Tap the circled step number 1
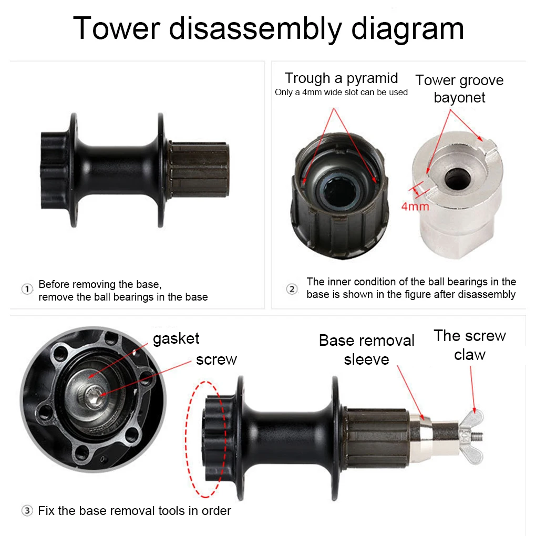[27, 290]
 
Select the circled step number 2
[292, 288]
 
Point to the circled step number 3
[27, 510]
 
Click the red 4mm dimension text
[415, 205]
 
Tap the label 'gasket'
[176, 338]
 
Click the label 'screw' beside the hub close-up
[216, 359]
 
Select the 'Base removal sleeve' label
[366, 349]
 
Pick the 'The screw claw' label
[469, 345]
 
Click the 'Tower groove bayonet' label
[459, 88]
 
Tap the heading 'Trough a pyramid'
[341, 78]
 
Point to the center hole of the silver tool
[455, 180]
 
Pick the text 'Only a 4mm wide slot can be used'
[341, 92]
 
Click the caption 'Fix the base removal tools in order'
[135, 510]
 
